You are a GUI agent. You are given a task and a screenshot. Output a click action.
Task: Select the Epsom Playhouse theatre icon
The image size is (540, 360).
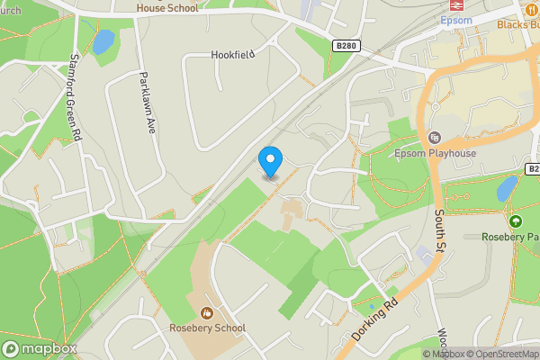[x=436, y=138]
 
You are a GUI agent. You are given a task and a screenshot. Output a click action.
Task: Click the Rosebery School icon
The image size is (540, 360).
[x=207, y=313]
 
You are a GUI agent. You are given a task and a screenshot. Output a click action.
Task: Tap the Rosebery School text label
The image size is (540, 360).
[x=207, y=328]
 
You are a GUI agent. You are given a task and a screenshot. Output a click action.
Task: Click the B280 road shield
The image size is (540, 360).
[x=345, y=45]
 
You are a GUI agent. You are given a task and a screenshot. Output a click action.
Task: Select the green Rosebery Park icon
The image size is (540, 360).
[x=515, y=221]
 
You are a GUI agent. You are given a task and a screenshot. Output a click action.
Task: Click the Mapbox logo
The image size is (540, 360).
[x=40, y=348]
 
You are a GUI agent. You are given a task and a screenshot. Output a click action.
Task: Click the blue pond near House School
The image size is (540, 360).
[x=103, y=41]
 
